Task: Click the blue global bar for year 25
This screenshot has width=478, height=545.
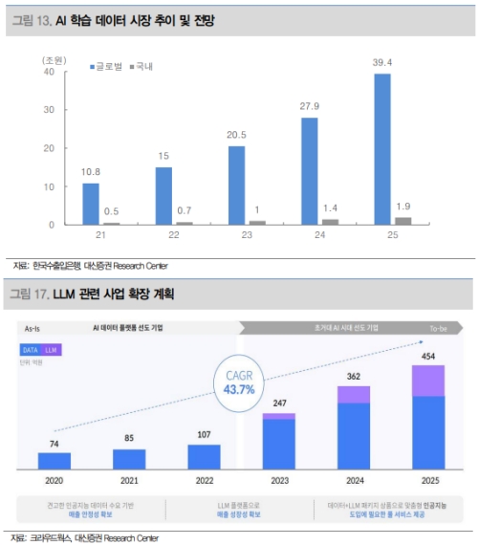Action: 381,149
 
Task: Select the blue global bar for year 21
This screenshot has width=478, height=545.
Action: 91,204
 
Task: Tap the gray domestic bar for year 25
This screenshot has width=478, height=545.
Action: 403,221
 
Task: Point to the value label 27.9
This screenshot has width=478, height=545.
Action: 310,107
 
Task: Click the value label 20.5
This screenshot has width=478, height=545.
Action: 236,136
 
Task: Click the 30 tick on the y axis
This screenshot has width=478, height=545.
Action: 49,110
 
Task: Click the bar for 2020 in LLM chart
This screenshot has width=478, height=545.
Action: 54,460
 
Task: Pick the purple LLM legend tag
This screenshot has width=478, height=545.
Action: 53,350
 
